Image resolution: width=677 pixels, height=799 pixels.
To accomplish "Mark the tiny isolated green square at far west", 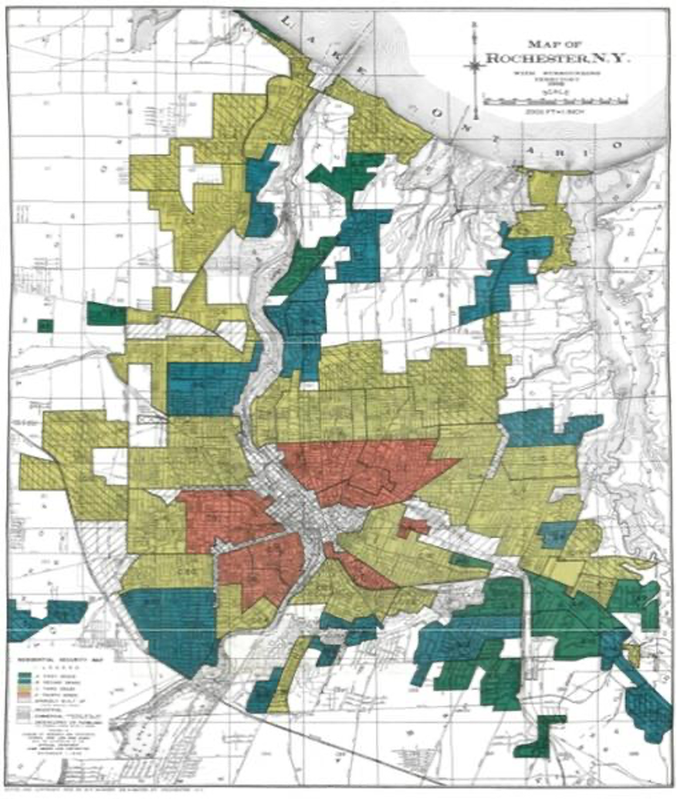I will tap(45, 325).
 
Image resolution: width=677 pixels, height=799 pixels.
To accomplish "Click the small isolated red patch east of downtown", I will tap(413, 527).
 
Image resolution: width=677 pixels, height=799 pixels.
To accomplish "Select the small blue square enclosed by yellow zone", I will tap(555, 534).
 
